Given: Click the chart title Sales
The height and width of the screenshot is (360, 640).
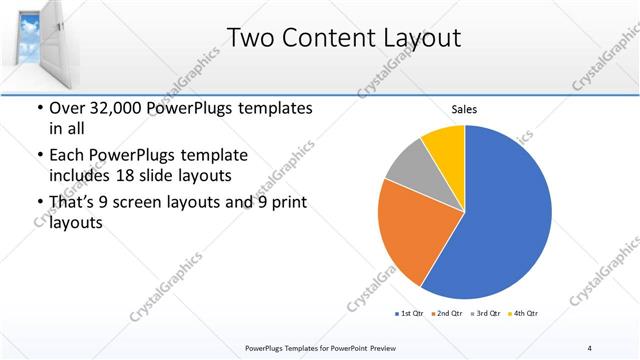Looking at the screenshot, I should [464, 109].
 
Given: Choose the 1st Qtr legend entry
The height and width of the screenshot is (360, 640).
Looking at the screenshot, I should [409, 313].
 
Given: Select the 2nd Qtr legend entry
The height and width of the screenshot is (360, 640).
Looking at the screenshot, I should [447, 313].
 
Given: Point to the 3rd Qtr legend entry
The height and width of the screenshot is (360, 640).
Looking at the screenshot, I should [485, 313].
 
